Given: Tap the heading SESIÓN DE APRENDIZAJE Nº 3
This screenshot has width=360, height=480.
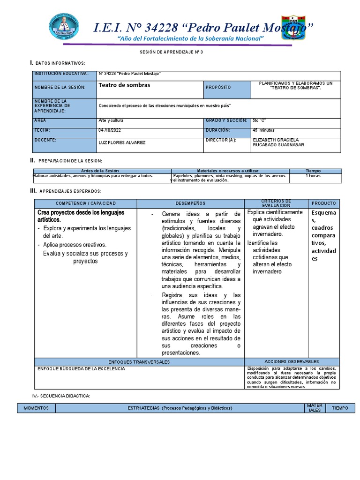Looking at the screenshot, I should [172, 52].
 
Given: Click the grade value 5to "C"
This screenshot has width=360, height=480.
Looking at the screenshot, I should [259, 120].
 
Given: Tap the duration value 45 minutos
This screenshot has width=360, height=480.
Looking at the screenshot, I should [263, 130].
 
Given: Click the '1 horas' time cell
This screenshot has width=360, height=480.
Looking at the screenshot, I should [313, 176].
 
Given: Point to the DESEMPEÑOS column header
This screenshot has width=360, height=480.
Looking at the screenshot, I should [190, 203].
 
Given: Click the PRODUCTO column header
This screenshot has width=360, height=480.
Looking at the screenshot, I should [323, 203].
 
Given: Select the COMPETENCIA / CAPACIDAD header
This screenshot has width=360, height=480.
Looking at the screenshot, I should [85, 203].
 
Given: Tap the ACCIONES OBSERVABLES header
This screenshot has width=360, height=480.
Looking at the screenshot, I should [292, 362].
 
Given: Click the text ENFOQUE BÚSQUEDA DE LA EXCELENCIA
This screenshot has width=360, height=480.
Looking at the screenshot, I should [82, 369].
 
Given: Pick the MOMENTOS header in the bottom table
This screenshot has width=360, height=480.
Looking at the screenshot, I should [36, 408].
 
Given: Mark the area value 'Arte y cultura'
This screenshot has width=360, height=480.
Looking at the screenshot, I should [111, 120].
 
